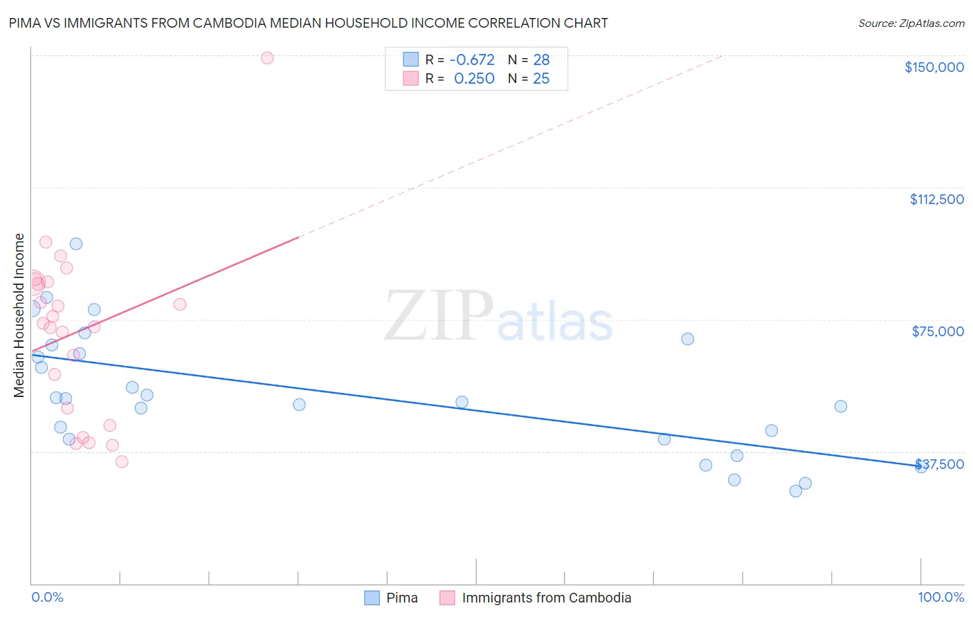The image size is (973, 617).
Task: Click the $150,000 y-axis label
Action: pyautogui.click(x=934, y=67)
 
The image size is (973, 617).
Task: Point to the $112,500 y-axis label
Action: pyautogui.click(x=936, y=199)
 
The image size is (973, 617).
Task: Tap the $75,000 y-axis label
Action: pyautogui.click(x=938, y=331)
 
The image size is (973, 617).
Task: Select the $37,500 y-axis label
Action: pyautogui.click(x=939, y=464)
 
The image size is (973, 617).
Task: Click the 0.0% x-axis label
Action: pyautogui.click(x=47, y=597)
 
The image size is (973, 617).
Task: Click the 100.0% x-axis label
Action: pyautogui.click(x=940, y=597)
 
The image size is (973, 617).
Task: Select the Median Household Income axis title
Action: pyautogui.click(x=19, y=315)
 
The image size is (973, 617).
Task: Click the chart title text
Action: pyautogui.click(x=308, y=23)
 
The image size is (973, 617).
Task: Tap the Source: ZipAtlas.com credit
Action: pyautogui.click(x=911, y=24)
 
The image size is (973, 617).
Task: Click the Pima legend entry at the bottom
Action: pyautogui.click(x=401, y=598)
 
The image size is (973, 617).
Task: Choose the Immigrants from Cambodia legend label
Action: pyautogui.click(x=546, y=598)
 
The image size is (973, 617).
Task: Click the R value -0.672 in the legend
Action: pyautogui.click(x=472, y=60)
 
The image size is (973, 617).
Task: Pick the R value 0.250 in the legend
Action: pyautogui.click(x=474, y=79)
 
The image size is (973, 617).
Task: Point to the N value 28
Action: pyautogui.click(x=541, y=60)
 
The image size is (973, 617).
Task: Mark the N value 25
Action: pyautogui.click(x=541, y=79)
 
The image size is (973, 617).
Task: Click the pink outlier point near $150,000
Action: pyautogui.click(x=267, y=58)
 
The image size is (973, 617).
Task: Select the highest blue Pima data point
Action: pyautogui.click(x=76, y=243)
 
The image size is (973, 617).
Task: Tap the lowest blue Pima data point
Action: pyautogui.click(x=796, y=491)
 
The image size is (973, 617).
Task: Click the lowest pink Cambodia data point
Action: pyautogui.click(x=122, y=461)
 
